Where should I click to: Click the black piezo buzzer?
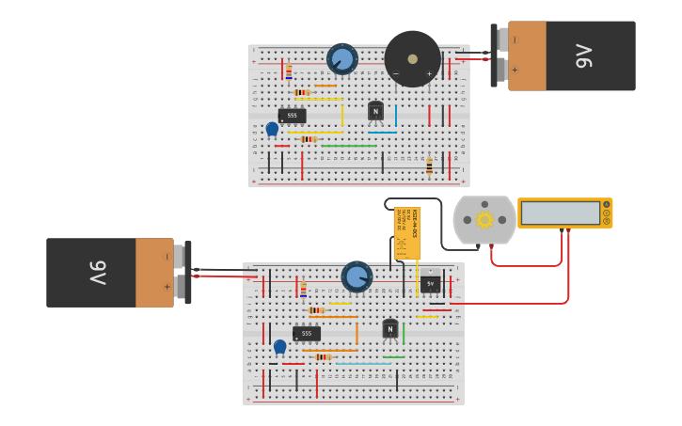coord(412,58)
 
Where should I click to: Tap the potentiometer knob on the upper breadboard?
coord(341,59)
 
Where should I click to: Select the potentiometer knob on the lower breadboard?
coord(356,276)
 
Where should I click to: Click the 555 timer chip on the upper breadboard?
coord(292,116)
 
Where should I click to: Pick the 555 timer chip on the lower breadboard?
coord(306,334)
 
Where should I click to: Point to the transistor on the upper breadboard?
coord(375,111)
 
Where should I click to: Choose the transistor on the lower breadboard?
coord(389,329)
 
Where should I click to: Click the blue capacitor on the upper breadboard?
coord(272,129)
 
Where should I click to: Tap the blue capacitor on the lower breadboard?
coord(279,346)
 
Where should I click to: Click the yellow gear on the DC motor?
coord(484,220)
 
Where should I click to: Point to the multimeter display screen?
coord(560,213)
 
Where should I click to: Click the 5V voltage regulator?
coord(430,283)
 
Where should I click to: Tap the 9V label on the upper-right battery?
coord(583,56)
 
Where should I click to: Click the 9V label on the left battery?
coord(98,273)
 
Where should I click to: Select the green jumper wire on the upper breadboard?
coord(348,146)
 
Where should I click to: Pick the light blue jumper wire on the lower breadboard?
coord(362,363)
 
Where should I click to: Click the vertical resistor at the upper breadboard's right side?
coord(429,166)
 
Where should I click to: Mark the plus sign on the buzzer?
coord(429,73)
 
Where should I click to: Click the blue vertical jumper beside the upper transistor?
coord(395,115)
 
